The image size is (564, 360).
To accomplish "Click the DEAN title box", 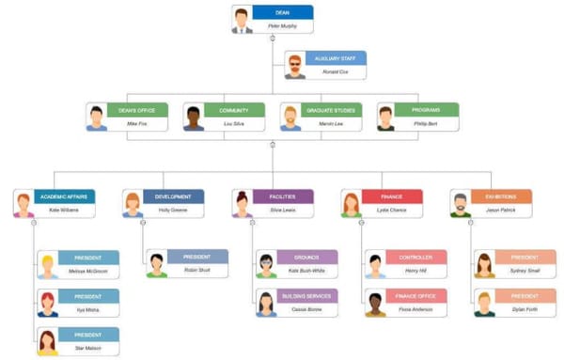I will pos(283,13).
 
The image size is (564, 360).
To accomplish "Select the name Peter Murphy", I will pos(283,26).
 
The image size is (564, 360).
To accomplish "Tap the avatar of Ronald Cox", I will pos(295,65).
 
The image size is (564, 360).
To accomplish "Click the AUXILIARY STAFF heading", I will pos(336,58).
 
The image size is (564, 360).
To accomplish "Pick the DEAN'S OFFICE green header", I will pos(137,110).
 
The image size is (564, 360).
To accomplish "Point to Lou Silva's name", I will pos(234,123).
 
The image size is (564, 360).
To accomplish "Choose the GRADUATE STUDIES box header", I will pos(332,110).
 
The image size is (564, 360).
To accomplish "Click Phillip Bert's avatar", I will pos(386,117).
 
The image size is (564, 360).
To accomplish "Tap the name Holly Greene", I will pos(173,211).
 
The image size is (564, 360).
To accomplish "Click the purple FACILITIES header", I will pos(282,196).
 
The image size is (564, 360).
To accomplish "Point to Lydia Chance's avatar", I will pos(352,204).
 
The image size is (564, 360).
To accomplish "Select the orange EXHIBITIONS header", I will pos(500,196).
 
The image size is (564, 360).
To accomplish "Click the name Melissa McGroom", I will pos(88,271).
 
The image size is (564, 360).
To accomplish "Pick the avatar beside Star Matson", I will pos(47,341).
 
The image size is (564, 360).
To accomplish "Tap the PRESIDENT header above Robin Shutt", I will pos(197,257).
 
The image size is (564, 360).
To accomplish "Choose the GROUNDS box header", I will pos(306,257).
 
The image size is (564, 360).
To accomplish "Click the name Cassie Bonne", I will pos(306,309).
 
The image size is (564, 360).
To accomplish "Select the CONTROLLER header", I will pos(415,257).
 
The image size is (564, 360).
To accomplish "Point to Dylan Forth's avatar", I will pos(485,303).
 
